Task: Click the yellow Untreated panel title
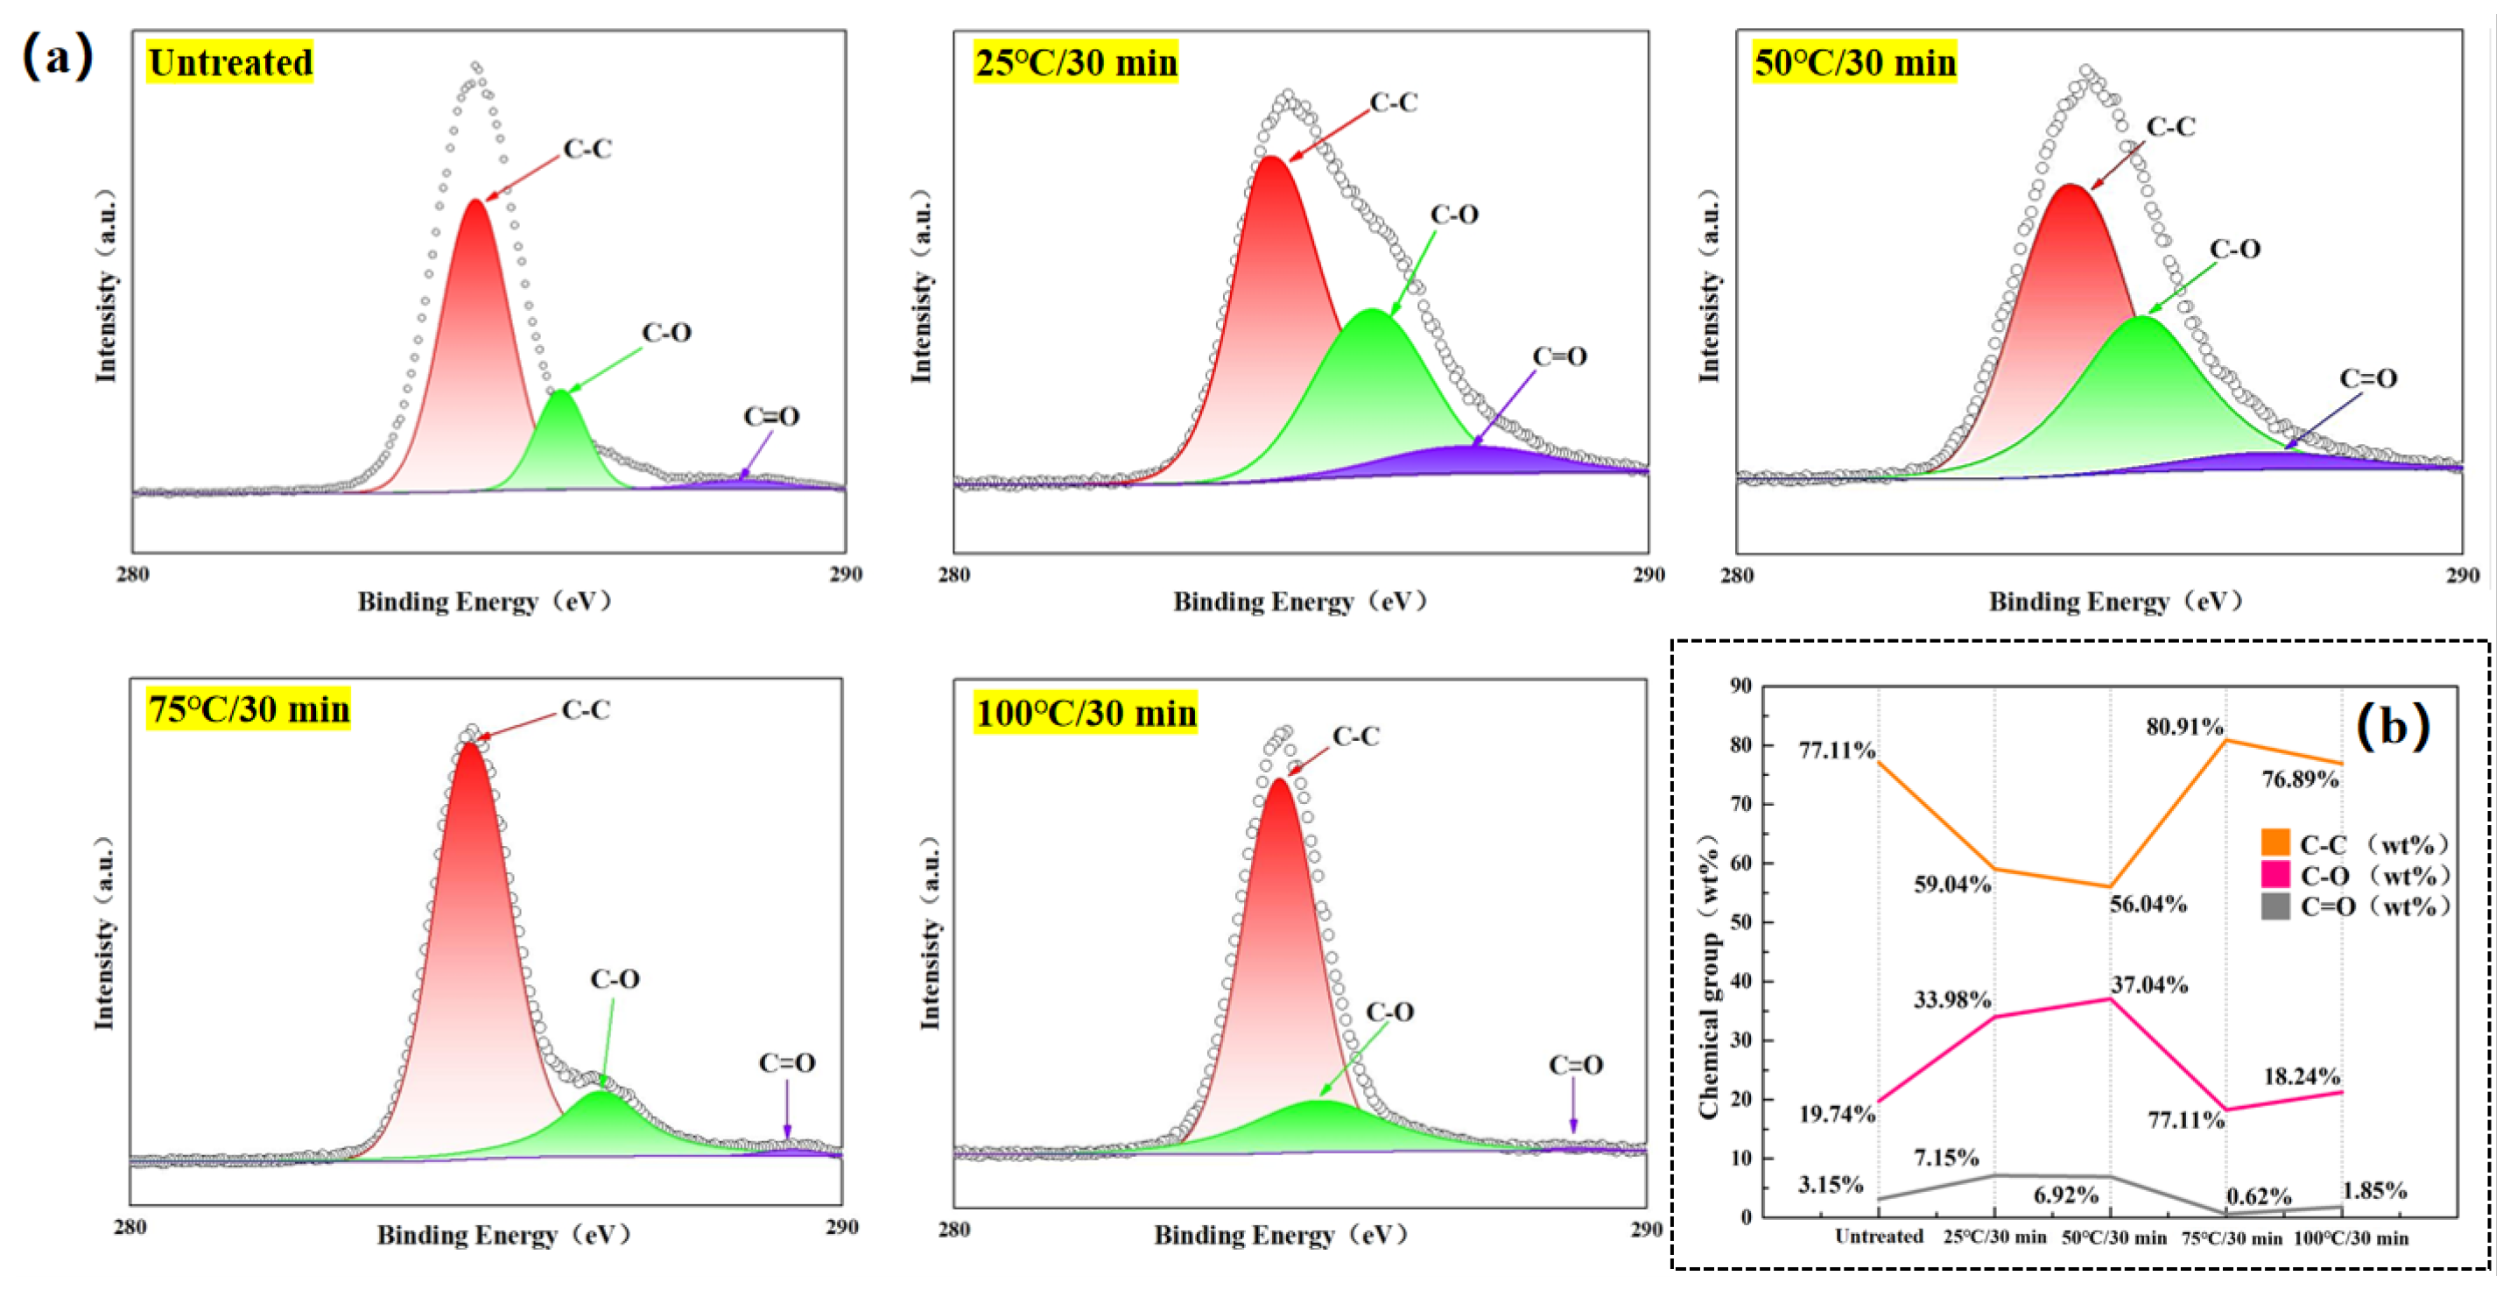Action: tap(229, 62)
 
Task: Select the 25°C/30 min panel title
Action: tap(1075, 62)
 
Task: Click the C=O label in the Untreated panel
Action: tap(771, 416)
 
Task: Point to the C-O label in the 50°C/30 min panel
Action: tap(2234, 250)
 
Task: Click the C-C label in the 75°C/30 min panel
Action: tap(586, 710)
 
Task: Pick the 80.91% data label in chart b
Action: tap(2185, 726)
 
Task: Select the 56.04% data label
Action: tap(2148, 904)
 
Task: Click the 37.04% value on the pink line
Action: tap(2148, 984)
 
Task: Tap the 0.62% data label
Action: tap(2259, 1196)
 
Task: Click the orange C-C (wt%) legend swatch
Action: tap(2275, 842)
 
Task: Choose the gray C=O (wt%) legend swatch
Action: tap(2275, 906)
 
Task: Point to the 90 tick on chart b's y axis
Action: tap(1740, 686)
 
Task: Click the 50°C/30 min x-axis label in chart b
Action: tap(2113, 1237)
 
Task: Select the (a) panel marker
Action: tap(57, 57)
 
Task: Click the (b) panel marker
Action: tap(2393, 726)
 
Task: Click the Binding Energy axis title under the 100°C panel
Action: tap(1281, 1234)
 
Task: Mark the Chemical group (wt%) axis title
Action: tap(1709, 977)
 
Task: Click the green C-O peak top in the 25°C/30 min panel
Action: tap(1373, 312)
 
